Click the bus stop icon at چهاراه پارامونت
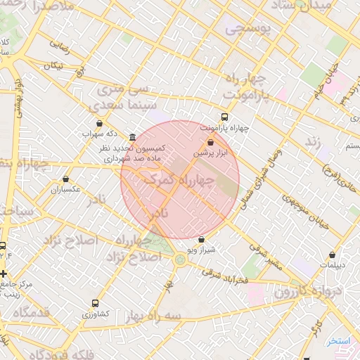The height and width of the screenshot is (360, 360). tap(224, 117)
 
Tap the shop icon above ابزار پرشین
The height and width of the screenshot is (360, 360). tap(210, 142)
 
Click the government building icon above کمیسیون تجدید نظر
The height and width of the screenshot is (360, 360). tap(133, 137)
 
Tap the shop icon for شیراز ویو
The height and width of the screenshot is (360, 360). tap(202, 239)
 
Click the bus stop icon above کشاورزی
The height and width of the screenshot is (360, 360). tap(95, 303)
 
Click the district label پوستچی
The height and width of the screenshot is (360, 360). tap(245, 30)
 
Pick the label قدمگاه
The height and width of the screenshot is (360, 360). tap(31, 311)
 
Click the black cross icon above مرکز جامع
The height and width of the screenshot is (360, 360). tap(4, 274)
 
